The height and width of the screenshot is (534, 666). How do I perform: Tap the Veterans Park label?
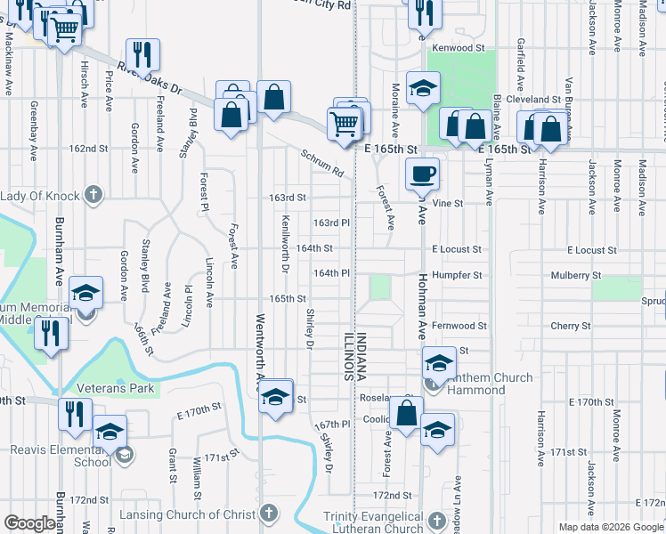(x=115, y=388)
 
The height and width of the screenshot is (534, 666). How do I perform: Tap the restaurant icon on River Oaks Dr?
(x=142, y=53)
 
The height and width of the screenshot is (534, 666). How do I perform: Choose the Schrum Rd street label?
(x=321, y=160)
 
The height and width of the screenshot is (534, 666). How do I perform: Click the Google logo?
(x=30, y=523)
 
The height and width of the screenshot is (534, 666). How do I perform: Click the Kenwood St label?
(x=459, y=48)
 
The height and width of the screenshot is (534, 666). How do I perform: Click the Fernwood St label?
(x=459, y=327)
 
